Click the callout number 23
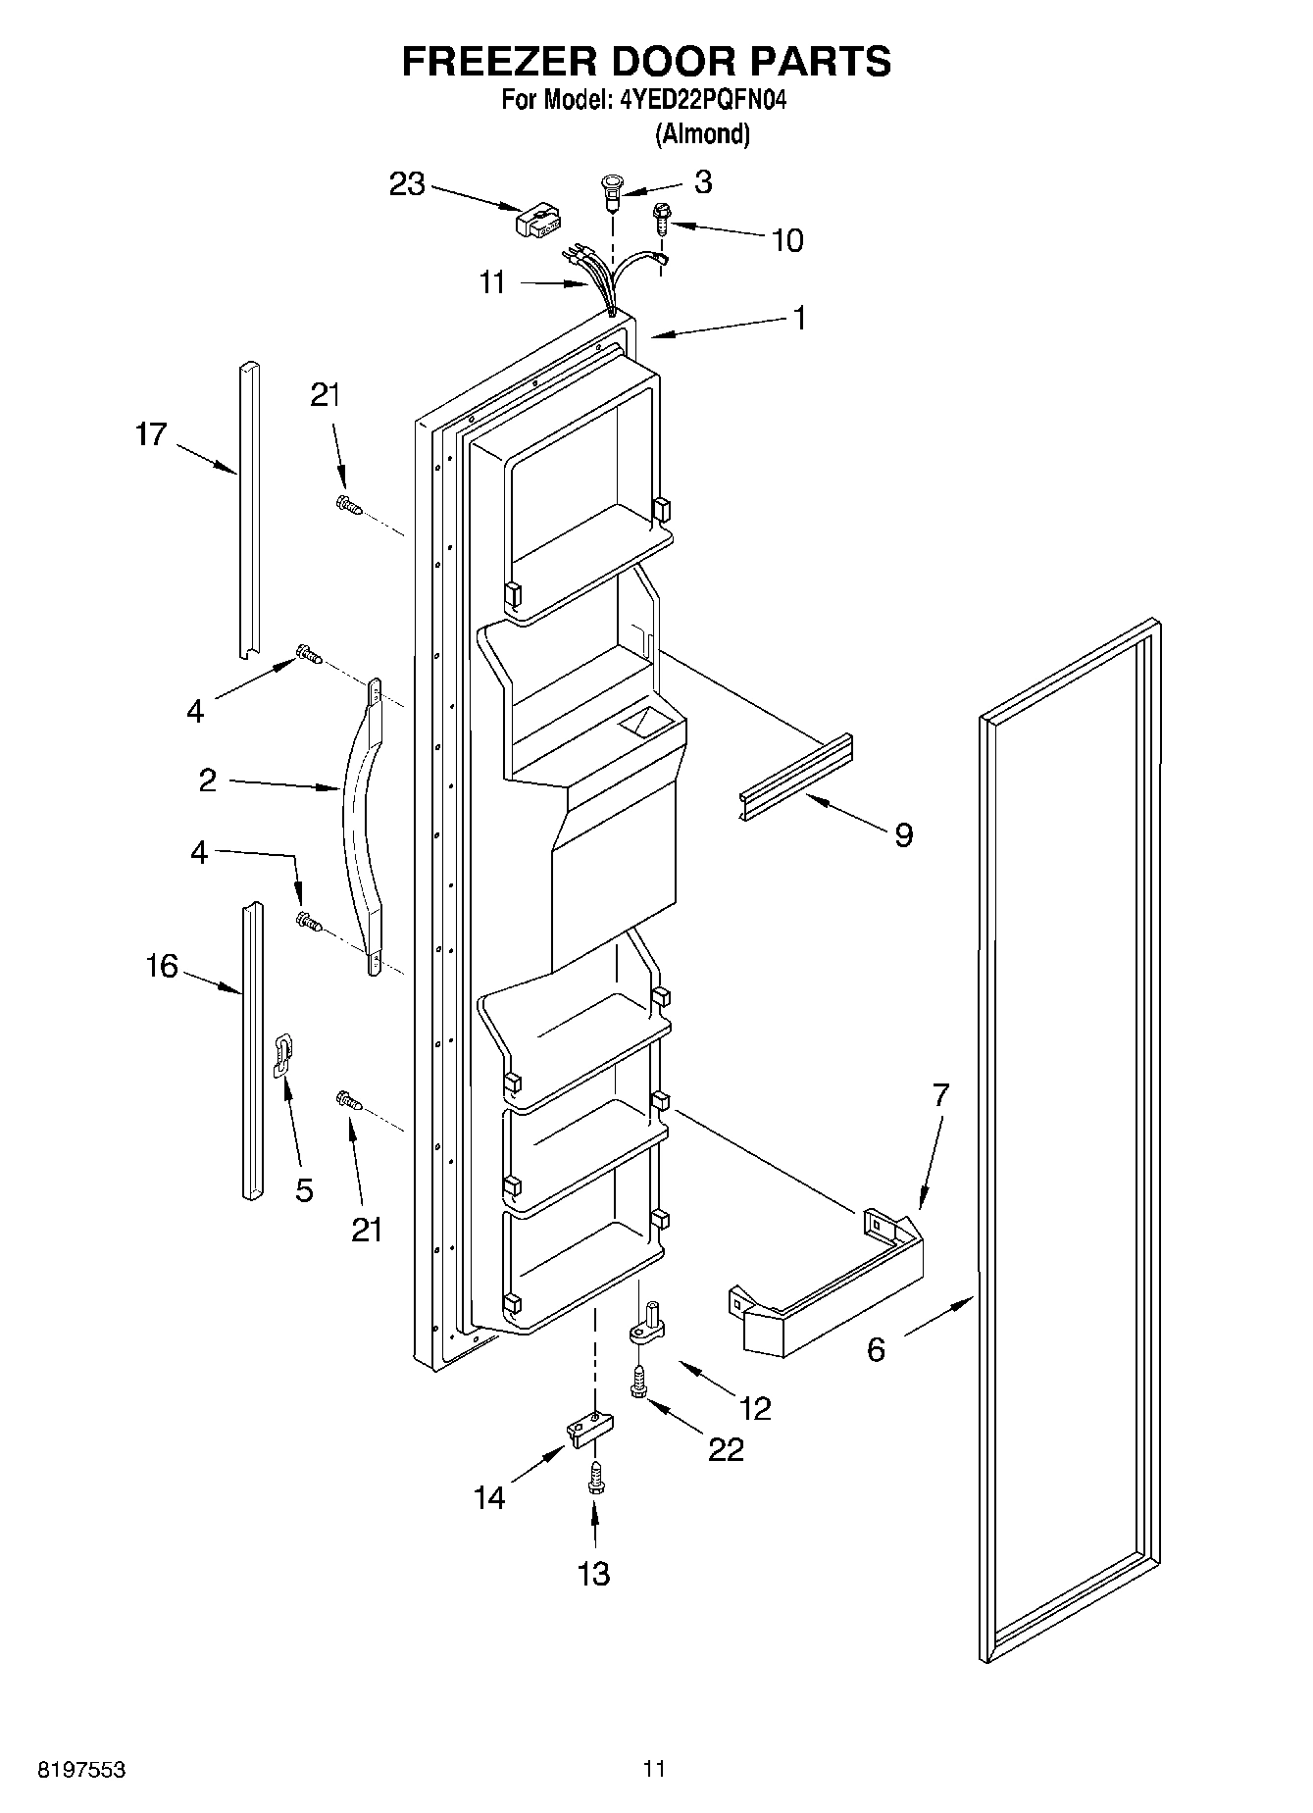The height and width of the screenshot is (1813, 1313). [x=406, y=183]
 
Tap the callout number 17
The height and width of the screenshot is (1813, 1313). [x=151, y=434]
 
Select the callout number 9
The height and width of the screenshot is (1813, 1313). [x=903, y=835]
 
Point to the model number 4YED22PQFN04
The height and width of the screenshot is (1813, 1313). [x=702, y=100]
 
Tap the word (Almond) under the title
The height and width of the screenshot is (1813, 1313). [x=702, y=134]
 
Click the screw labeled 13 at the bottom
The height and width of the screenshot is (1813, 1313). [x=593, y=1481]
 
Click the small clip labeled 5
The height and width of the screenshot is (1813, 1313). [x=282, y=1054]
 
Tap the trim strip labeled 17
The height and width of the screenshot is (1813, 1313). [x=249, y=510]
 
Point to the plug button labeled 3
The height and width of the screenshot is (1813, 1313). [x=611, y=190]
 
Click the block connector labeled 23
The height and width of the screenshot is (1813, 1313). [x=537, y=221]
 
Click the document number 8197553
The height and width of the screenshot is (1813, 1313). [x=81, y=1770]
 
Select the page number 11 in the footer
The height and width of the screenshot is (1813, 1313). [x=654, y=1769]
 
